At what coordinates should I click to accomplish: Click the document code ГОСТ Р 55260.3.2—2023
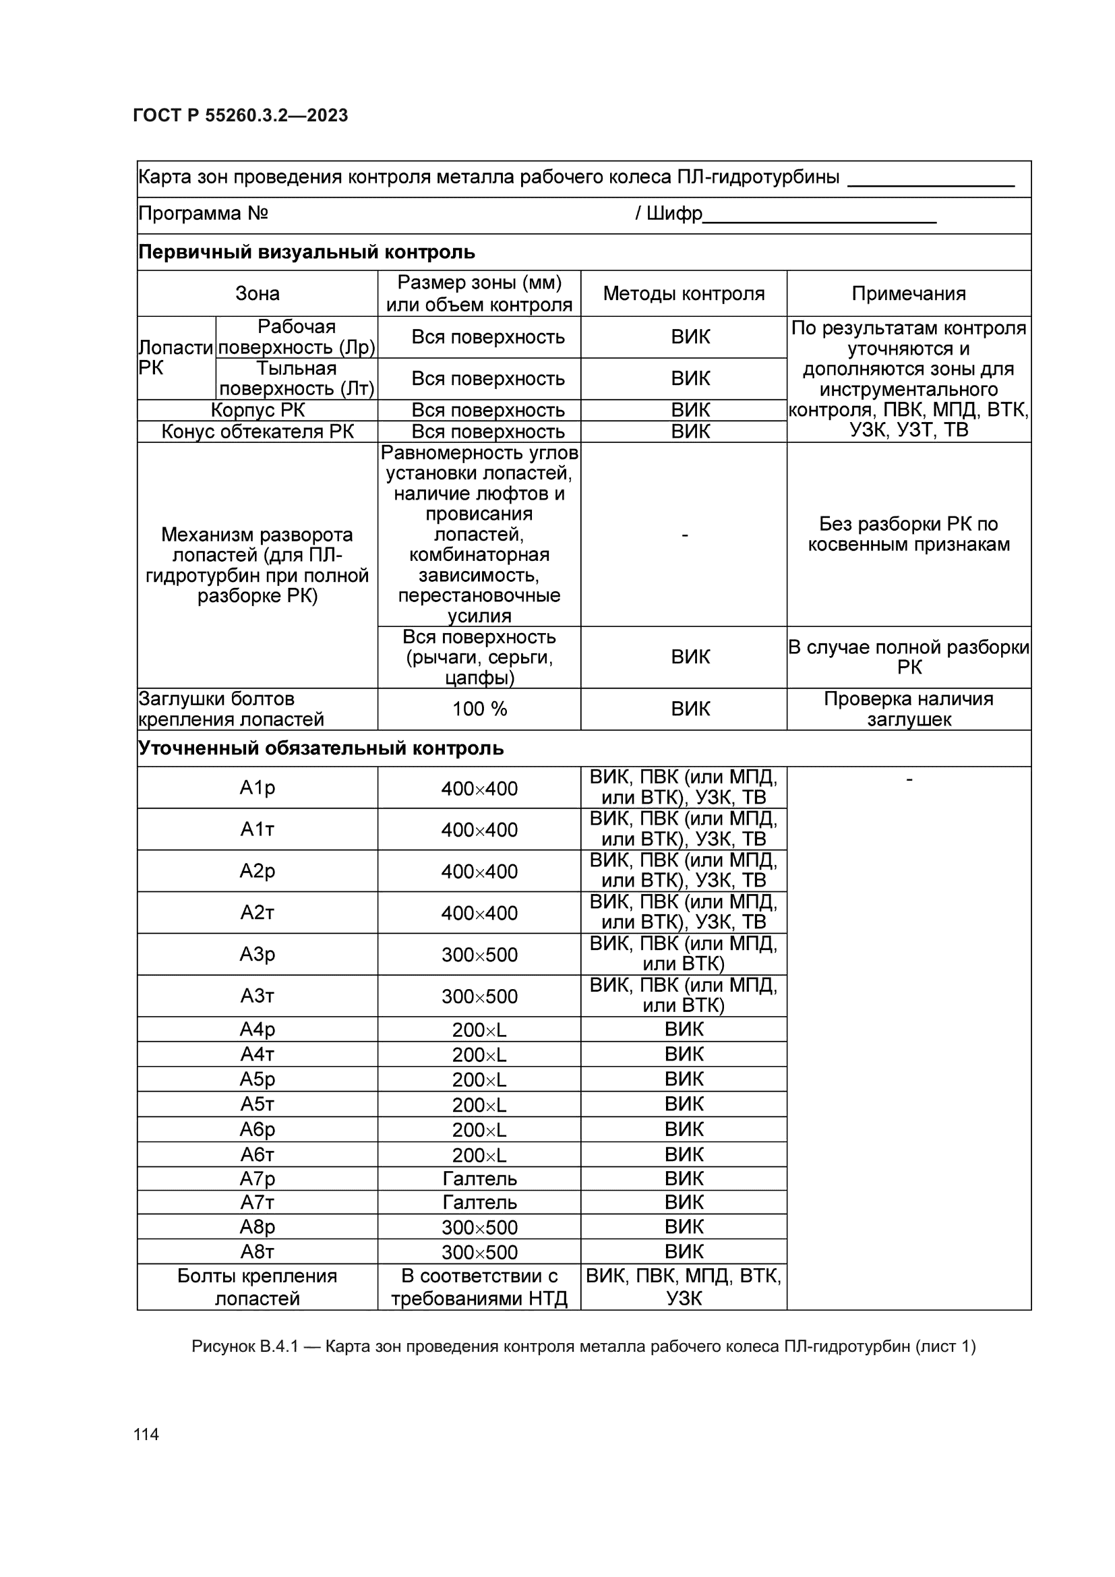[x=240, y=115]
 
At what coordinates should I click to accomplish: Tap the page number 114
[x=146, y=1434]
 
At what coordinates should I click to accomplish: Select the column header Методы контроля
[x=683, y=293]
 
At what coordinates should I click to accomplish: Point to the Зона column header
[x=258, y=293]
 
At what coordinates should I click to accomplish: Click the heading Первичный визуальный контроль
[x=306, y=252]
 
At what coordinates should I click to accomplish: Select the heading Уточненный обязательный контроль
[x=321, y=748]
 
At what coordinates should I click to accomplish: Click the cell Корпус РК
[x=258, y=410]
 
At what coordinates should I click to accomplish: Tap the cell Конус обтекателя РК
[x=258, y=432]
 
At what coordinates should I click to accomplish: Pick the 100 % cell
[x=479, y=709]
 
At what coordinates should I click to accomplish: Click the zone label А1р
[x=258, y=787]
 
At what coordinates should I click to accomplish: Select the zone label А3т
[x=258, y=995]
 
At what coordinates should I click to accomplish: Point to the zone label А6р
[x=258, y=1129]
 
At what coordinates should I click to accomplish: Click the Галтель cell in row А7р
[x=479, y=1179]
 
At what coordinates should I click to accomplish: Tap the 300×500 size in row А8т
[x=479, y=1251]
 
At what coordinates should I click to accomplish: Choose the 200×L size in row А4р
[x=479, y=1030]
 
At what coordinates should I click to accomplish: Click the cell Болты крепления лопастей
[x=258, y=1286]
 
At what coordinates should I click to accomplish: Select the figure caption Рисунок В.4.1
[x=583, y=1346]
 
